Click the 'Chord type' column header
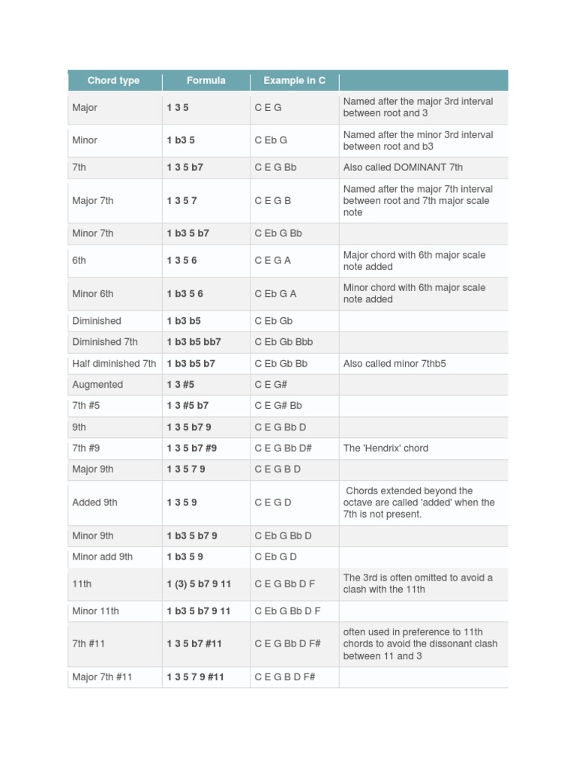pos(113,80)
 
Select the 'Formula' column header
pos(206,80)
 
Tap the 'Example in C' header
pos(294,80)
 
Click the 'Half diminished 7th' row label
pos(114,364)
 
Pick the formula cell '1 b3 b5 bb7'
pos(194,342)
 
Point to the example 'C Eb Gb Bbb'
pos(283,342)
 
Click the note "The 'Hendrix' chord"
pos(385,448)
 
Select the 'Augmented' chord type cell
pos(97,385)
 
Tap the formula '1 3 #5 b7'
pos(188,406)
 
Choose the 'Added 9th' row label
pos(95,502)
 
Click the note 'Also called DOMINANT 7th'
pos(403,168)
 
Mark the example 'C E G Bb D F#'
pos(288,643)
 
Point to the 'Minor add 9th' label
pos(103,557)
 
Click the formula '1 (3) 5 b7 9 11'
pos(199,583)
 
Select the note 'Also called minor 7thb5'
pos(396,364)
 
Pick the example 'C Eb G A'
pos(275,294)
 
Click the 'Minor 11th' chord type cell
pos(96,611)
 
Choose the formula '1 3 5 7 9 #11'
pos(196,677)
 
